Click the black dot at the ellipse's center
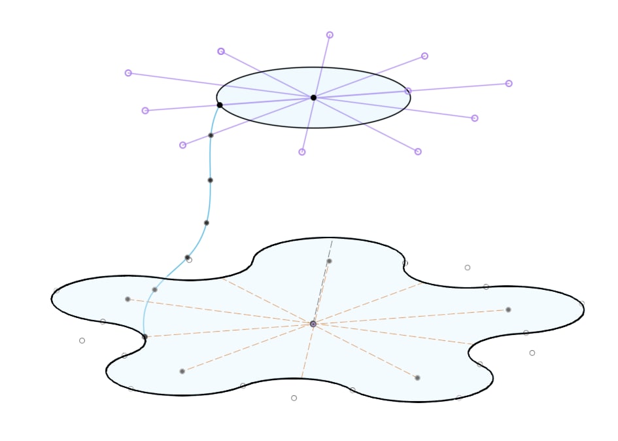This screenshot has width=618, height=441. pyautogui.click(x=313, y=97)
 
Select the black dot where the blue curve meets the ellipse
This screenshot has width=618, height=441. pyautogui.click(x=220, y=105)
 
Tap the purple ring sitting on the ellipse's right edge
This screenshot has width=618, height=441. pyautogui.click(x=407, y=91)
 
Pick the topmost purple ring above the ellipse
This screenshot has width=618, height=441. pyautogui.click(x=330, y=35)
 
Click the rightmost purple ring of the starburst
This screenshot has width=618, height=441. pyautogui.click(x=509, y=83)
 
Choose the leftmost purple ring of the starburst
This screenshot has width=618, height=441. pyautogui.click(x=128, y=73)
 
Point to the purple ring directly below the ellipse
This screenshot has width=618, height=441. pyautogui.click(x=302, y=152)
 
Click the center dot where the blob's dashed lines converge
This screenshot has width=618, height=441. pyautogui.click(x=313, y=324)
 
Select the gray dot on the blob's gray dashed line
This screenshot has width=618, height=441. pyautogui.click(x=329, y=261)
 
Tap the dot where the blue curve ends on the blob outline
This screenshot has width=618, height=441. pyautogui.click(x=145, y=336)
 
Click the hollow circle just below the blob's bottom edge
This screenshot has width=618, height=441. pyautogui.click(x=294, y=398)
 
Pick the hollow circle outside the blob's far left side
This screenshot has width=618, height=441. pyautogui.click(x=82, y=340)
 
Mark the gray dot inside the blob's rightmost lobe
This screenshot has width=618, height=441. pyautogui.click(x=508, y=309)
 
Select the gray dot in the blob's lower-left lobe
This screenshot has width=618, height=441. pyautogui.click(x=182, y=371)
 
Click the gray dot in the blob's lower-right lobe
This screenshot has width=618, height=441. pyautogui.click(x=417, y=378)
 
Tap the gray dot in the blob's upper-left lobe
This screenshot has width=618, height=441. pyautogui.click(x=128, y=299)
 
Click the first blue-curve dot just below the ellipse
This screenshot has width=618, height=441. pyautogui.click(x=211, y=135)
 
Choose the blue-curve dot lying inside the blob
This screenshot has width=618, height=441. pyautogui.click(x=154, y=289)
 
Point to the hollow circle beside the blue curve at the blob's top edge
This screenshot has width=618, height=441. pyautogui.click(x=190, y=260)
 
